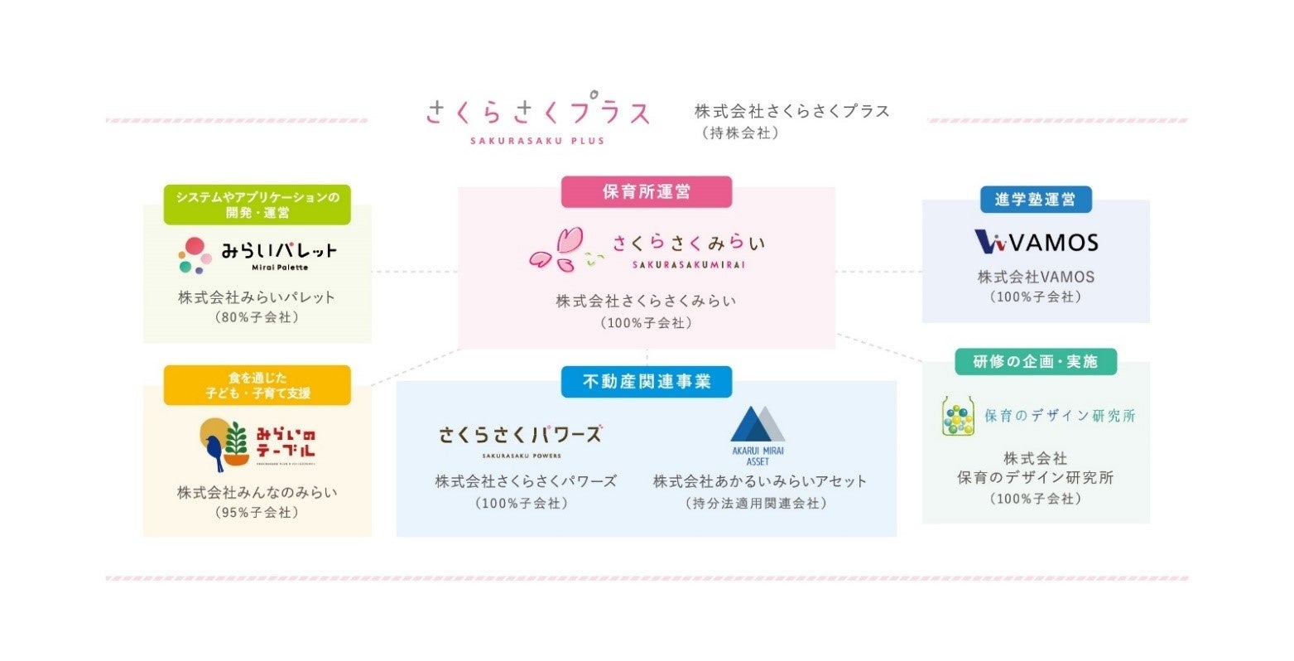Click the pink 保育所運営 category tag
[646, 192]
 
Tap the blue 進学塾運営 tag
[1035, 200]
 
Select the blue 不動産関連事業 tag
[646, 382]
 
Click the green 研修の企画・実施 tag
[1035, 361]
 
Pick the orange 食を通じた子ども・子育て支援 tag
[257, 385]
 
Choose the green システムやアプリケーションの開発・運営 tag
[257, 205]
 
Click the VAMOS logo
[1036, 242]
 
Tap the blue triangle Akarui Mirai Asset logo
[758, 425]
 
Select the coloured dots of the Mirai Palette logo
[194, 255]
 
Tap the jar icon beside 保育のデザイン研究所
[958, 416]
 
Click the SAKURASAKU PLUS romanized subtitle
[537, 141]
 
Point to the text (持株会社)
[740, 133]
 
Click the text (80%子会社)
[257, 317]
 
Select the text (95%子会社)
[257, 513]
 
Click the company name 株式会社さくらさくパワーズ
[526, 481]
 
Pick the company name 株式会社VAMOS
[1036, 277]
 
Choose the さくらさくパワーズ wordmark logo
[521, 435]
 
